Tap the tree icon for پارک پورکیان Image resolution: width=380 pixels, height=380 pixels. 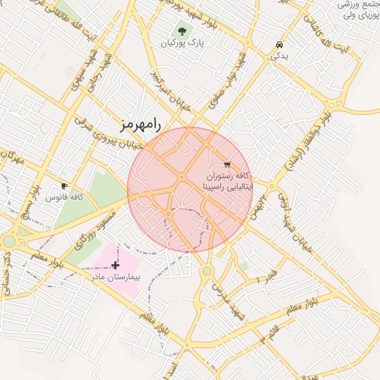181,31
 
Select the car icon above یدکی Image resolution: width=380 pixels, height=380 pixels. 278,44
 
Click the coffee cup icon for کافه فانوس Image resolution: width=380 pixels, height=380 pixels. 64,186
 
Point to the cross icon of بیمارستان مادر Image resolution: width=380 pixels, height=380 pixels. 114,264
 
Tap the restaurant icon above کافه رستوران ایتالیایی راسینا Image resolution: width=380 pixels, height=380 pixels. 226,165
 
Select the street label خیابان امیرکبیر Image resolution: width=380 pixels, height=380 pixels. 171,96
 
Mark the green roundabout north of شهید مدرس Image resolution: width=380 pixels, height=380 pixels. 207,271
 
